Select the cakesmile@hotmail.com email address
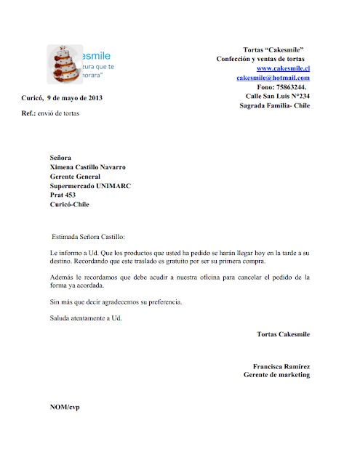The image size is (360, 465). [273, 77]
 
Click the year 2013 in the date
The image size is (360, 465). [94, 97]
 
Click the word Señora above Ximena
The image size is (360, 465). [61, 157]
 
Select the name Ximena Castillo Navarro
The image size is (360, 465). [87, 166]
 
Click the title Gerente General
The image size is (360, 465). [79, 176]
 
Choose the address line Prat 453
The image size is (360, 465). [63, 195]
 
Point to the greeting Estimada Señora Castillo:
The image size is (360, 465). [89, 237]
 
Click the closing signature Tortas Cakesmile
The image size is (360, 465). [283, 334]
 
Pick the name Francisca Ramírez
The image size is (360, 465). [281, 366]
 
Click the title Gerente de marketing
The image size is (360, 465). [276, 375]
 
